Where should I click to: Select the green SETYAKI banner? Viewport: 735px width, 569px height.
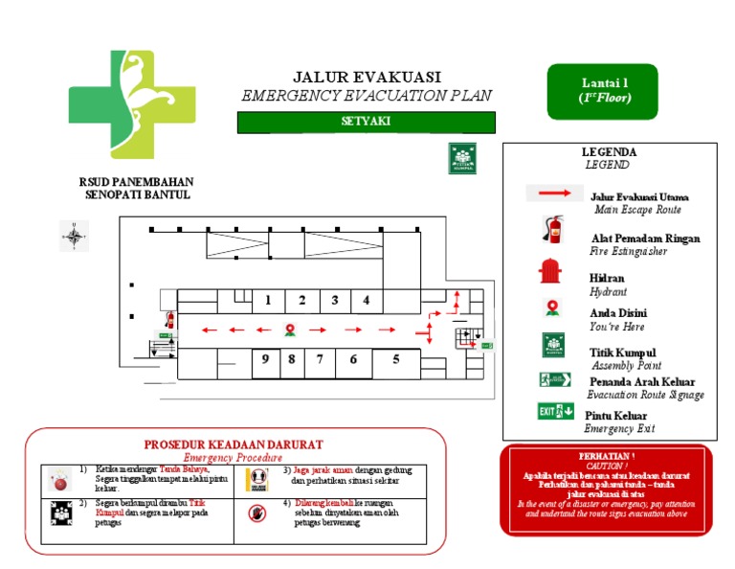coord(366,122)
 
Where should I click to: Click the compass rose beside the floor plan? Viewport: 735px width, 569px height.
coord(73,234)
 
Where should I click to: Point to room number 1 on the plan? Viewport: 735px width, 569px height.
coord(268,300)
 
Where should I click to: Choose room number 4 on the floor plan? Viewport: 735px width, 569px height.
coord(366,300)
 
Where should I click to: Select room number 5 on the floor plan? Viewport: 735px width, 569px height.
coord(395,359)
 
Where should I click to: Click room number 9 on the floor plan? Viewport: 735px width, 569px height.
coord(264,359)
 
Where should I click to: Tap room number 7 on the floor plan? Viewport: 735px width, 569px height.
coord(320,359)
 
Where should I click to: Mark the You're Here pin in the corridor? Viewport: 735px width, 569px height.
coord(289,330)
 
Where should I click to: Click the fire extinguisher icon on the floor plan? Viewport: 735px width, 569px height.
coord(170,320)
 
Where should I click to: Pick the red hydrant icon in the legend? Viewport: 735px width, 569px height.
coord(548,272)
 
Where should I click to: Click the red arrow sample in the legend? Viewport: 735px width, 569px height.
coord(554,193)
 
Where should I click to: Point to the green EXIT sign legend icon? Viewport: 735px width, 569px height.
coord(555,412)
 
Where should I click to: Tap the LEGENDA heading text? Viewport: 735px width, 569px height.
coord(609,152)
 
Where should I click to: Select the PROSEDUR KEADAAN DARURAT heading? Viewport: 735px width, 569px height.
coord(234,444)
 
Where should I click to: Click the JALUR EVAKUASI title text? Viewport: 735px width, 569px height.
coord(367,77)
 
